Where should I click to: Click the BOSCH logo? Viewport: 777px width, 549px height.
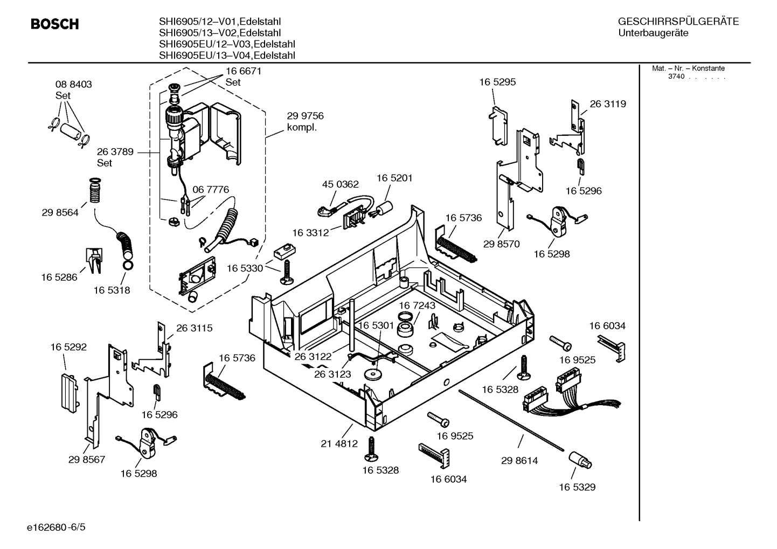point(54,24)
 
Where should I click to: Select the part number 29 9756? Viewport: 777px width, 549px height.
point(305,116)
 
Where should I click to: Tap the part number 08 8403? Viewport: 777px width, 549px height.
point(74,85)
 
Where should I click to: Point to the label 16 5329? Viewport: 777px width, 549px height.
point(577,487)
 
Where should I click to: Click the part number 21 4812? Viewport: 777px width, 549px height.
point(339,444)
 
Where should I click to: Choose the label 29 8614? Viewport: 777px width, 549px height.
point(519,461)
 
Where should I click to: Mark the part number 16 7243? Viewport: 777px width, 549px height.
point(417,305)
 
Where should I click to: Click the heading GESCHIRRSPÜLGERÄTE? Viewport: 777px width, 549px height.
point(678,22)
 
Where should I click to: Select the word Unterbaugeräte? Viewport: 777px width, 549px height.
point(653,33)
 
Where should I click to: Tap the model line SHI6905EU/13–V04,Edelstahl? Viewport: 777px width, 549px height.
point(227,55)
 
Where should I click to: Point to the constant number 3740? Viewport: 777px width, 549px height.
point(676,77)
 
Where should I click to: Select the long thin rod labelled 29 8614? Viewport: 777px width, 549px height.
point(512,420)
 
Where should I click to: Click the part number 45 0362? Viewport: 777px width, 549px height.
point(340,184)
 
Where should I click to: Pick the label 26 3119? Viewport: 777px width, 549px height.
point(608,104)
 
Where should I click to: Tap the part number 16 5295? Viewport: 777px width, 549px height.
point(497,82)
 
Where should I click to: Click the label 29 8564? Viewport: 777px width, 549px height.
point(60,212)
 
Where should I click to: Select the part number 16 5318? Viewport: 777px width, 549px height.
point(112,290)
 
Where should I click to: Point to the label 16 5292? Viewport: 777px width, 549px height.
point(68,347)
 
